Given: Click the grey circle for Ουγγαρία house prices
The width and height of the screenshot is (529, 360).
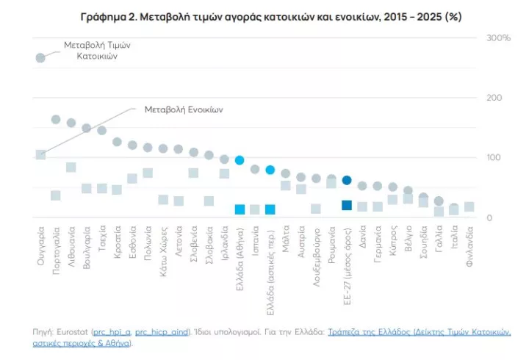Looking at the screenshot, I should tap(40, 58).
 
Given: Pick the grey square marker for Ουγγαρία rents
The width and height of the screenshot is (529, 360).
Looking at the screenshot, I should tap(40, 154).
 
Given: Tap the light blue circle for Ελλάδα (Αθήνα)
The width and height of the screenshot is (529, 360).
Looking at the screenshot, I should tap(240, 160).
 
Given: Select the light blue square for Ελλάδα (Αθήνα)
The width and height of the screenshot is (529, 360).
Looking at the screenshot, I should tap(240, 209).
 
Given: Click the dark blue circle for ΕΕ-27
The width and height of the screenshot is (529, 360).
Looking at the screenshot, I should tap(347, 180).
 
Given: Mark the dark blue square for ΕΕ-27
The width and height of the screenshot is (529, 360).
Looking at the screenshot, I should tap(347, 205).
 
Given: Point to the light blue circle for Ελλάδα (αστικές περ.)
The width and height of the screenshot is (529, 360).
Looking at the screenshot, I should tap(270, 170).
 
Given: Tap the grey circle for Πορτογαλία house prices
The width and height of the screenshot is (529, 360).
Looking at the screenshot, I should tap(56, 119).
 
